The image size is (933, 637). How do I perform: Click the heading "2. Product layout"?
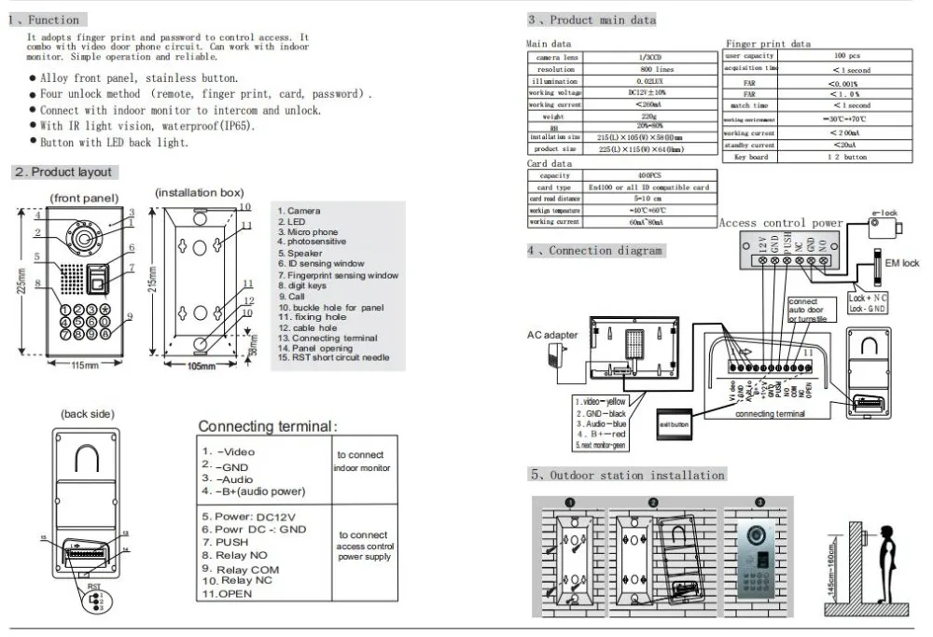[63, 173]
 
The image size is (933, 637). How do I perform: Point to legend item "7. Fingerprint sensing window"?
[338, 275]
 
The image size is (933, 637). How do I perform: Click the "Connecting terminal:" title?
[266, 426]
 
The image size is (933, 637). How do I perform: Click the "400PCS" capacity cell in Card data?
[650, 174]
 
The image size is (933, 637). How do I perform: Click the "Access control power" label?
[780, 223]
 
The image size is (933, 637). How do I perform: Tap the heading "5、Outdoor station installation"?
[628, 476]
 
